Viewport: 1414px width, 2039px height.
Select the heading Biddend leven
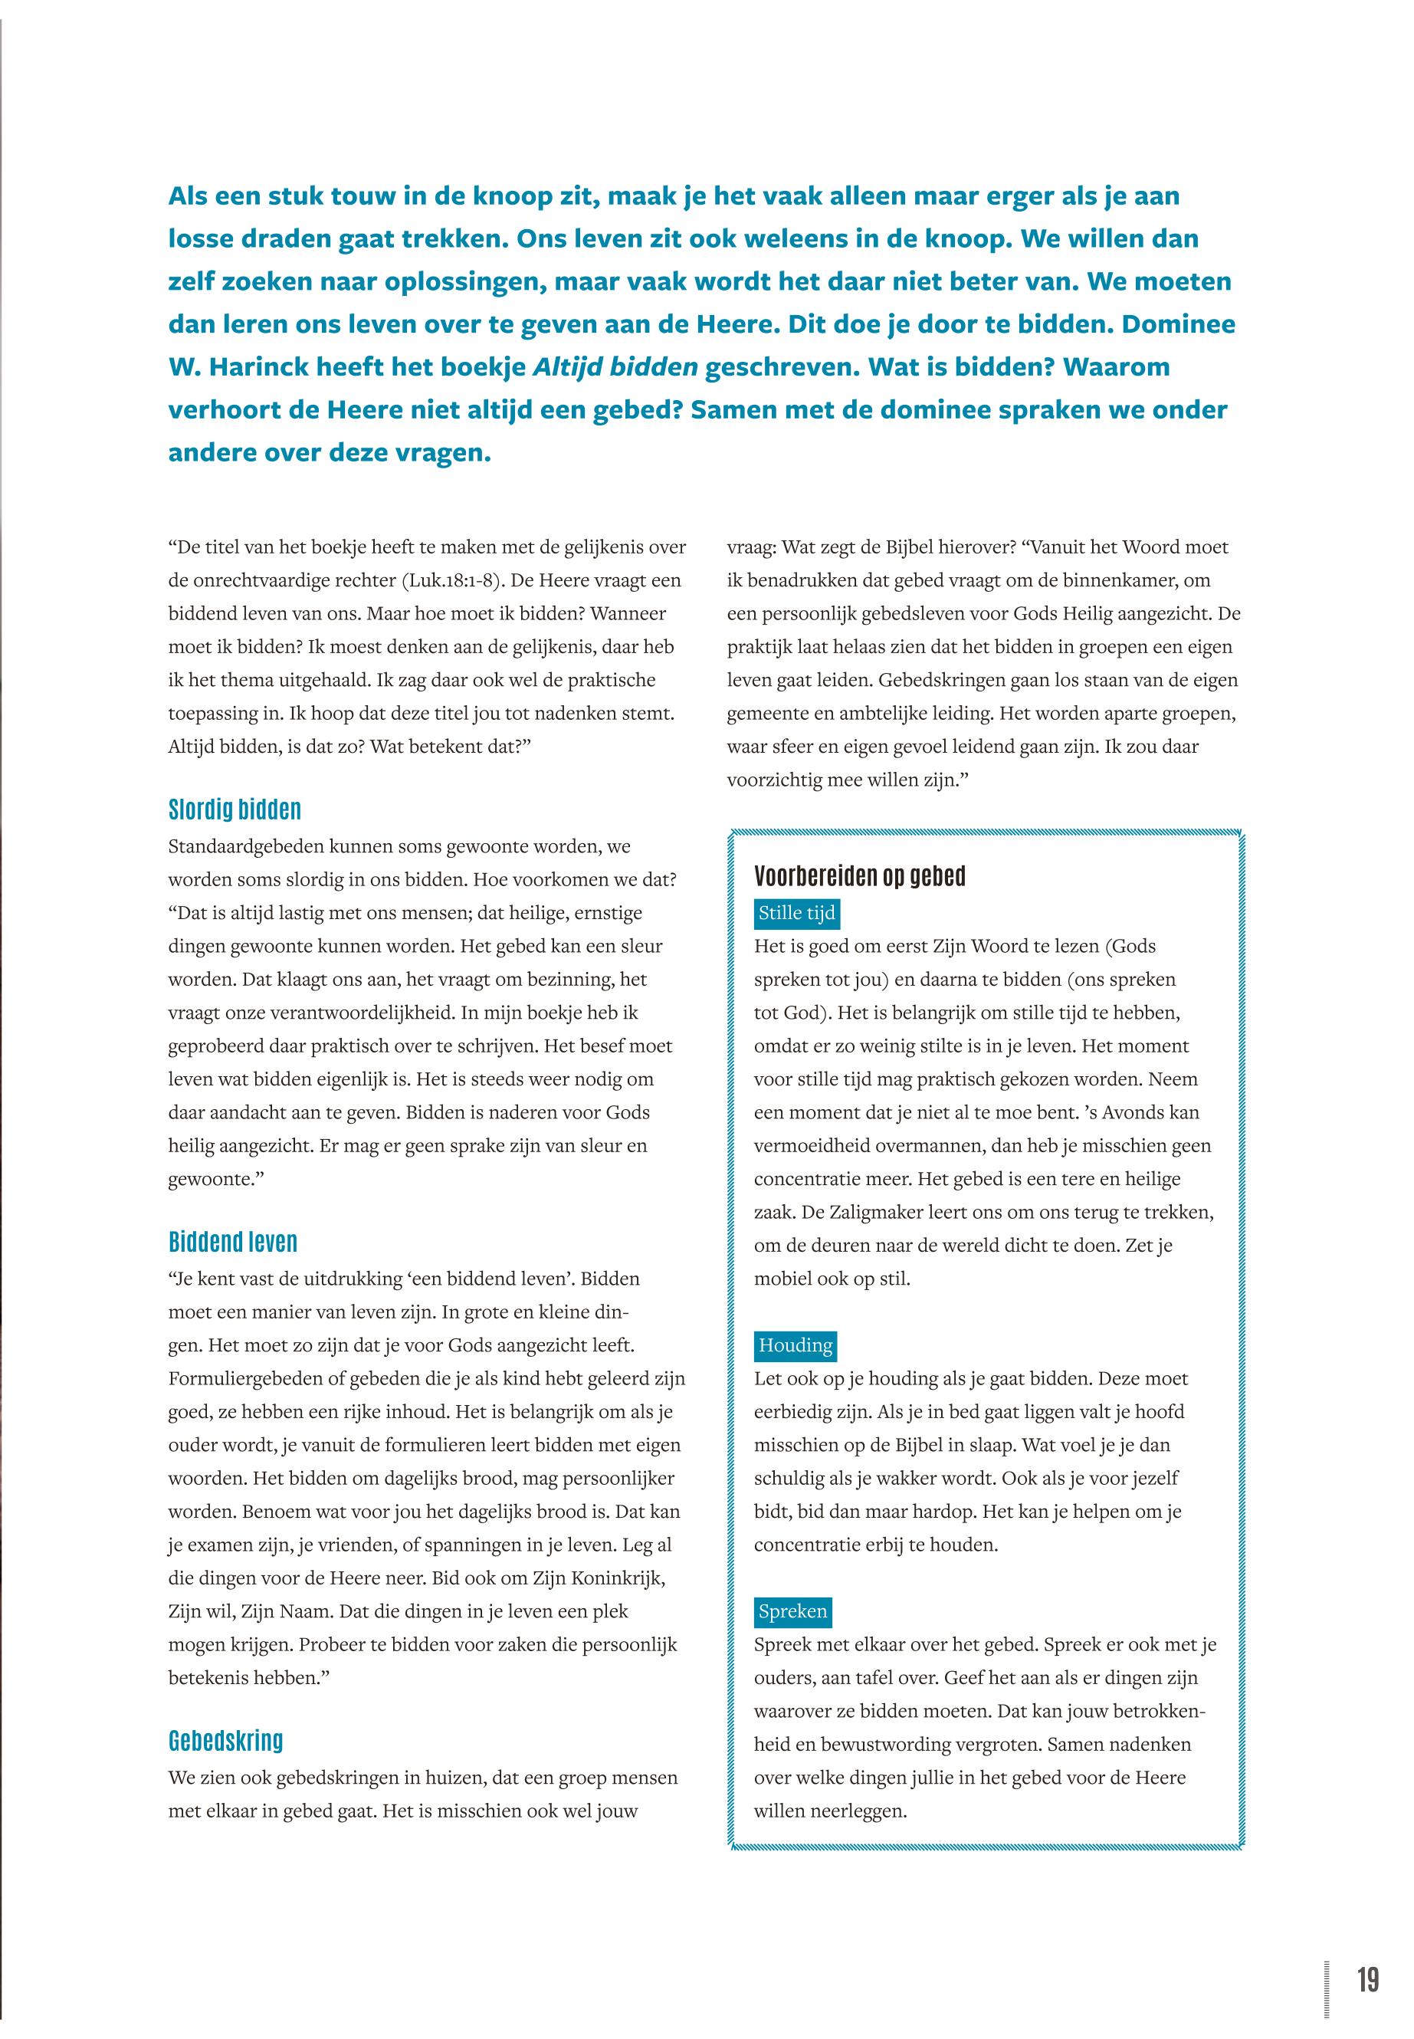pyautogui.click(x=233, y=1242)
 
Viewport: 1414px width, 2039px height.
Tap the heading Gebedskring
pyautogui.click(x=226, y=1740)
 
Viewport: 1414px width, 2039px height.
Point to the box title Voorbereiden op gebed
pyautogui.click(x=859, y=876)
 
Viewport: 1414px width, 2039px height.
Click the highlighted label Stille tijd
pyautogui.click(x=796, y=913)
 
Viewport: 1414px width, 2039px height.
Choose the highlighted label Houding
pyautogui.click(x=796, y=1345)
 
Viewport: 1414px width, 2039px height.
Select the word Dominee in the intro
pyautogui.click(x=1179, y=323)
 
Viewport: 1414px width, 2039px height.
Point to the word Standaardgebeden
pyautogui.click(x=246, y=846)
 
